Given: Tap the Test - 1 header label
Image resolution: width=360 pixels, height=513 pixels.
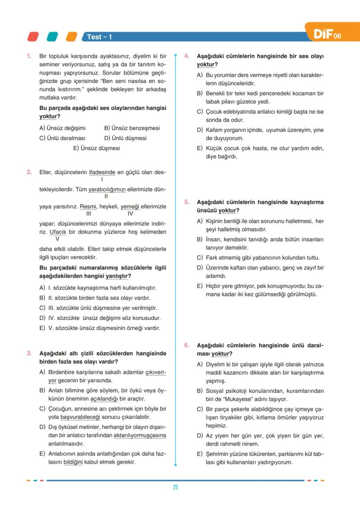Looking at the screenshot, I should tap(99, 37).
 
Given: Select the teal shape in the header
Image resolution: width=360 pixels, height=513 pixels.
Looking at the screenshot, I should tap(53, 37).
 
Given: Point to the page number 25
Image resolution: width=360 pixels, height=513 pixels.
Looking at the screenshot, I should tap(175, 487).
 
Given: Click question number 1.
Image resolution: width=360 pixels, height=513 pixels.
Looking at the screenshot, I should tap(29, 56).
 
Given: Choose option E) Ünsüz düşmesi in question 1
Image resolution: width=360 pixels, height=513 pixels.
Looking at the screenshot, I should tap(97, 148).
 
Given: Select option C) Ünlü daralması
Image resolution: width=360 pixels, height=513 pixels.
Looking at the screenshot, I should tap(62, 138).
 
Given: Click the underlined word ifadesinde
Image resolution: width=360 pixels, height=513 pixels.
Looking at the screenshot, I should tap(102, 172).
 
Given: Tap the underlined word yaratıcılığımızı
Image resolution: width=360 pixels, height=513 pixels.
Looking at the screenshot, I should tap(107, 190).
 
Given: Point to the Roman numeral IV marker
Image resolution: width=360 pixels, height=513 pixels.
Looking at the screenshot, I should tap(130, 214).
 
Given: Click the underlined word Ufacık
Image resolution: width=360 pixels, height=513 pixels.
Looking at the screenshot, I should tap(57, 232).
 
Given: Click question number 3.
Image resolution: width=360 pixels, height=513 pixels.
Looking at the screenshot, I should tap(29, 353).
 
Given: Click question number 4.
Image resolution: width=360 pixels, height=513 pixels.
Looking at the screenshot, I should tap(187, 56).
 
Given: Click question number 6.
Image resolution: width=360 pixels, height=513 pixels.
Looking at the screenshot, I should tap(187, 345).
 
